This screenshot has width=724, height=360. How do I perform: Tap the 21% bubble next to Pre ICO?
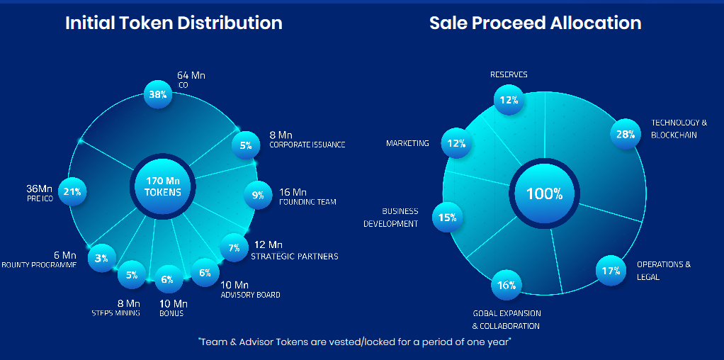tap(72, 191)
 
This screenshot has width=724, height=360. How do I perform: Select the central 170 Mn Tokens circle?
tap(163, 186)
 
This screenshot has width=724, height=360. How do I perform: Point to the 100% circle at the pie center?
tap(543, 193)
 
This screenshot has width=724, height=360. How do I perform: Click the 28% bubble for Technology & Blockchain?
tap(625, 134)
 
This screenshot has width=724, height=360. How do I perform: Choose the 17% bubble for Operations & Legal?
tap(610, 271)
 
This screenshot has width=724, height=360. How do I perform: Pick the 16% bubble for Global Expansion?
tap(506, 285)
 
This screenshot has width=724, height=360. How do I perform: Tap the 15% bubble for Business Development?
tap(447, 218)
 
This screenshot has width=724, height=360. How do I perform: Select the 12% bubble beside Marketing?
tap(456, 143)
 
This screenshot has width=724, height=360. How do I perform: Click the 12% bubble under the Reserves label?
tap(508, 100)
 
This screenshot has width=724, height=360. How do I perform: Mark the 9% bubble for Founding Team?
tap(258, 196)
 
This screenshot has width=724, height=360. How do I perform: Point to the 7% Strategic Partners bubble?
tap(234, 248)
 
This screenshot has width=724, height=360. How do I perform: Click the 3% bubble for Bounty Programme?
tap(102, 258)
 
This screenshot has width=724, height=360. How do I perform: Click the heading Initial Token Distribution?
tap(174, 23)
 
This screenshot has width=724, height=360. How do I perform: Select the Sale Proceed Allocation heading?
tap(535, 23)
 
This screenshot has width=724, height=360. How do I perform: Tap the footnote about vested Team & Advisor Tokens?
tap(355, 342)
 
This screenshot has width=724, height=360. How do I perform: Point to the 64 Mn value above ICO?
tap(191, 75)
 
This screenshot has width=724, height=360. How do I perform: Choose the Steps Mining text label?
tap(115, 313)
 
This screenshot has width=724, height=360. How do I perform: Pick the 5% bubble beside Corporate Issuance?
tap(246, 145)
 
